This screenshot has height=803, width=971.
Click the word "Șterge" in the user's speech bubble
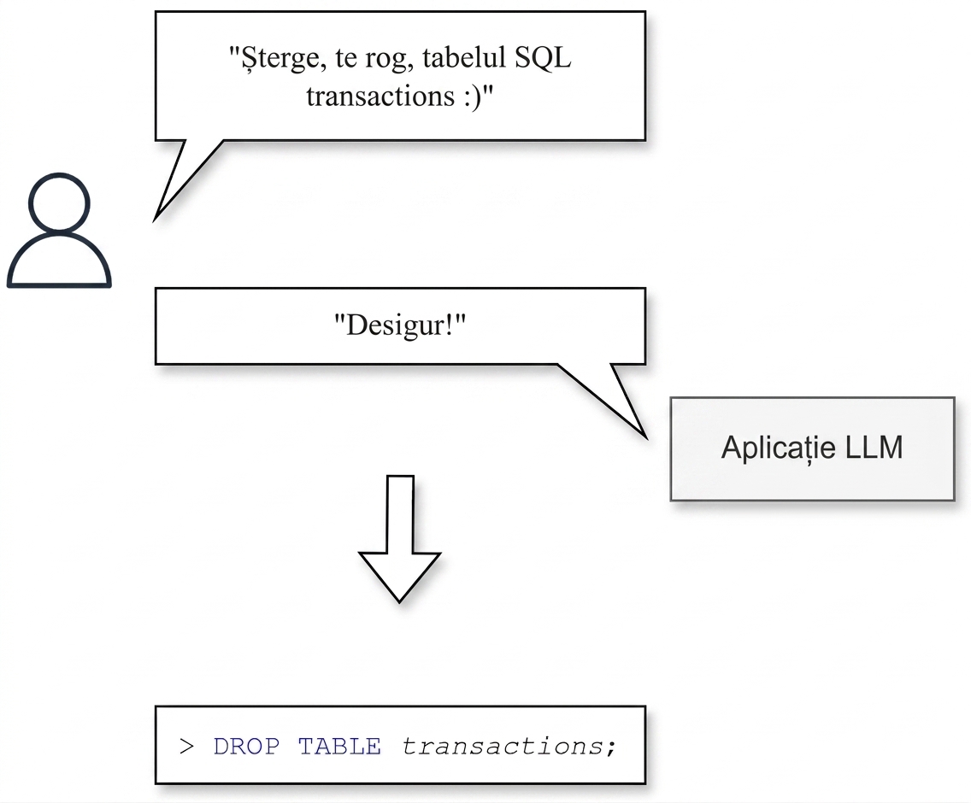(283, 58)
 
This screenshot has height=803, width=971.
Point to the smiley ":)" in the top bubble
(472, 97)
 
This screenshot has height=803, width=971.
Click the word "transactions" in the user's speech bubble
(380, 97)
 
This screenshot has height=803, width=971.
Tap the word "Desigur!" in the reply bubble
(400, 325)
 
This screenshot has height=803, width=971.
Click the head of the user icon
(60, 203)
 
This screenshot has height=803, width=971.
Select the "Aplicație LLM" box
(813, 448)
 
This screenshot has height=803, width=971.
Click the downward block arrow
(400, 539)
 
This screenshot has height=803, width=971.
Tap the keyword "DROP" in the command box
(246, 747)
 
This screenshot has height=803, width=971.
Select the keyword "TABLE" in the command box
(339, 747)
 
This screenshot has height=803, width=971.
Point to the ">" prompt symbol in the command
(186, 747)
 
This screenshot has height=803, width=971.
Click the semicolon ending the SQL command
(611, 748)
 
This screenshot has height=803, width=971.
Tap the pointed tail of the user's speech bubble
(155, 219)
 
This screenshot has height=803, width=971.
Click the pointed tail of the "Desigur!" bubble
(646, 437)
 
